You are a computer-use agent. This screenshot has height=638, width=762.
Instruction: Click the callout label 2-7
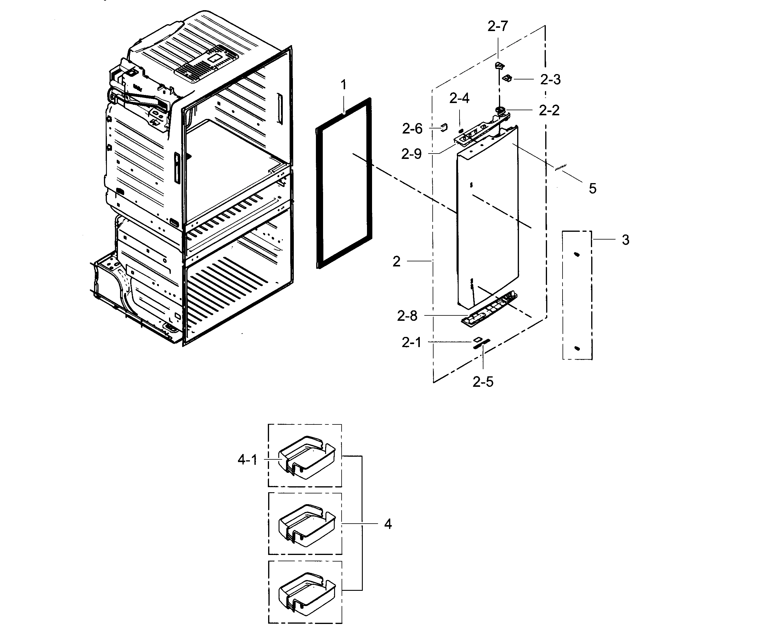pyautogui.click(x=497, y=26)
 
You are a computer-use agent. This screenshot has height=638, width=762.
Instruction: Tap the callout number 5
pyautogui.click(x=592, y=188)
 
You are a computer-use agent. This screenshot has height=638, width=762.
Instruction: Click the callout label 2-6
pyautogui.click(x=412, y=128)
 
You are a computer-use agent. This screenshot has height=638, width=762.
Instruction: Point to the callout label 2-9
pyautogui.click(x=411, y=154)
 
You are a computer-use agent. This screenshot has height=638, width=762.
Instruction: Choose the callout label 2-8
pyautogui.click(x=407, y=316)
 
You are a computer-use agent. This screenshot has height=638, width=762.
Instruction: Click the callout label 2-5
pyautogui.click(x=483, y=382)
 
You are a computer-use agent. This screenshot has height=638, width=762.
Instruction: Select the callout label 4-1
pyautogui.click(x=247, y=460)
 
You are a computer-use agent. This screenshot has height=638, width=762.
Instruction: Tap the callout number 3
pyautogui.click(x=626, y=240)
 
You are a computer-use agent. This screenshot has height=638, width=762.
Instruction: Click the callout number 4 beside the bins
pyautogui.click(x=388, y=524)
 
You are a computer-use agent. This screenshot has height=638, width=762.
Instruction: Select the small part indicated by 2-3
pyautogui.click(x=507, y=78)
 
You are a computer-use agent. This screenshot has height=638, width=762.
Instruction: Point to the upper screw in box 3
pyautogui.click(x=577, y=255)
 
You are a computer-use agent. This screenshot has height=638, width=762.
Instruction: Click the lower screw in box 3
pyautogui.click(x=577, y=349)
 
